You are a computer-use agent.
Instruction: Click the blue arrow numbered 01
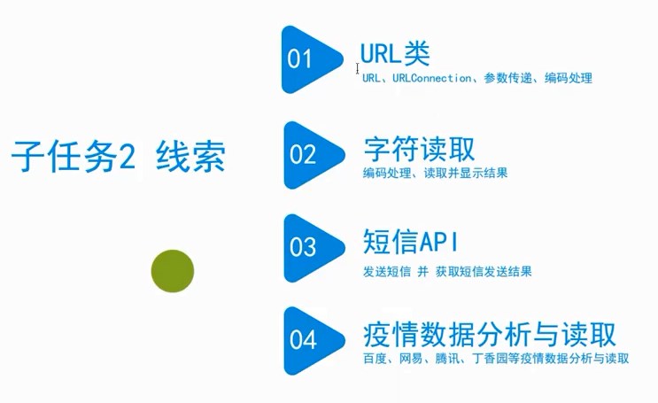(307, 59)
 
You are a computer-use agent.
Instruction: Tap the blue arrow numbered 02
(309, 155)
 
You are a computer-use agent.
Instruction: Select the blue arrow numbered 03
(309, 247)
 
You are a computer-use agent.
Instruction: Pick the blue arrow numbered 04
(309, 339)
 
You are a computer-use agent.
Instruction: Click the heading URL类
(395, 54)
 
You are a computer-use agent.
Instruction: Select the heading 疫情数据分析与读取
(489, 335)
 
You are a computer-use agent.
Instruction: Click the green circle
(172, 269)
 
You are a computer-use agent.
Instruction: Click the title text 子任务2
(73, 157)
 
